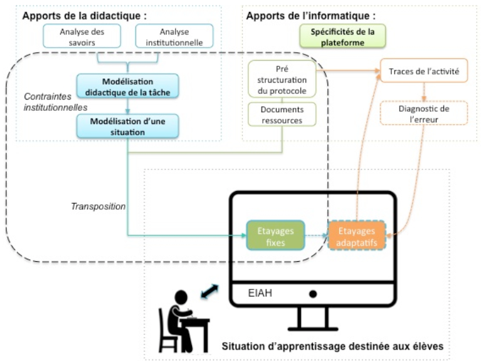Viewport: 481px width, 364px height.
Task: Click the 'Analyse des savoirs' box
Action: pos(82,36)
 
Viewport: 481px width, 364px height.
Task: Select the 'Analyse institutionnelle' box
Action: pos(174,36)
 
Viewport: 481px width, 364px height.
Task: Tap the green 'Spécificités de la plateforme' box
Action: pos(342,36)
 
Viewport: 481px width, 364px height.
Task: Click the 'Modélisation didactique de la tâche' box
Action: pos(127,86)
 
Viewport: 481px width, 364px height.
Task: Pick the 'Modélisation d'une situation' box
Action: pos(127,126)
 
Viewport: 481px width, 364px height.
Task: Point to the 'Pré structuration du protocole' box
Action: pos(282,79)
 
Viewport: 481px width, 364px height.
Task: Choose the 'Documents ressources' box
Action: pos(282,115)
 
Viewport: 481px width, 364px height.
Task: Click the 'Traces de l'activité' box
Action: pos(424,71)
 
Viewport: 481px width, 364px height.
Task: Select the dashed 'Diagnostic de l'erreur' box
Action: pos(424,113)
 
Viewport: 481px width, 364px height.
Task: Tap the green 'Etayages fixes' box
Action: pos(275,236)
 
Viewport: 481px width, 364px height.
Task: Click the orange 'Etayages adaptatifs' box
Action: pos(357,236)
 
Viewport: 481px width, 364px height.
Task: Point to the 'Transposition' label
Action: pos(98,207)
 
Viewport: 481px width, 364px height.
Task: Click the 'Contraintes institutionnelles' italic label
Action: pos(56,102)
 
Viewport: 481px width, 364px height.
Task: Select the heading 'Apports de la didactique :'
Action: pos(85,16)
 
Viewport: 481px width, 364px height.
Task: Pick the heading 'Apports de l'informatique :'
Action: pos(311,16)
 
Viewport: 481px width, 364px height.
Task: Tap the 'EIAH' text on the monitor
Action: pos(260,293)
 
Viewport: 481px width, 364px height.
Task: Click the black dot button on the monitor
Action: pos(313,294)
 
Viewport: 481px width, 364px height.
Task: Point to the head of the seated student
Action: pos(181,298)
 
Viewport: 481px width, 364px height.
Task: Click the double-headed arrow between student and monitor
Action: pos(210,291)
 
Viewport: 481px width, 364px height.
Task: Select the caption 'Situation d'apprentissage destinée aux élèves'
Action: pos(332,346)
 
